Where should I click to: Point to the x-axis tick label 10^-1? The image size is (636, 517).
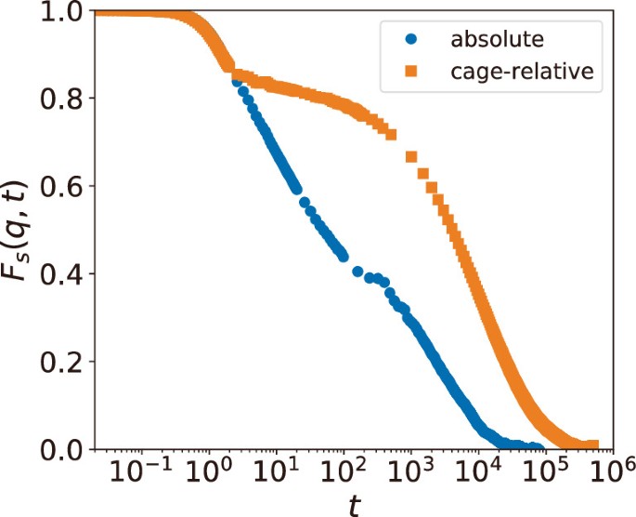[138, 474]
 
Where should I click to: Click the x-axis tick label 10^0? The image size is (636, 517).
[212, 474]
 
